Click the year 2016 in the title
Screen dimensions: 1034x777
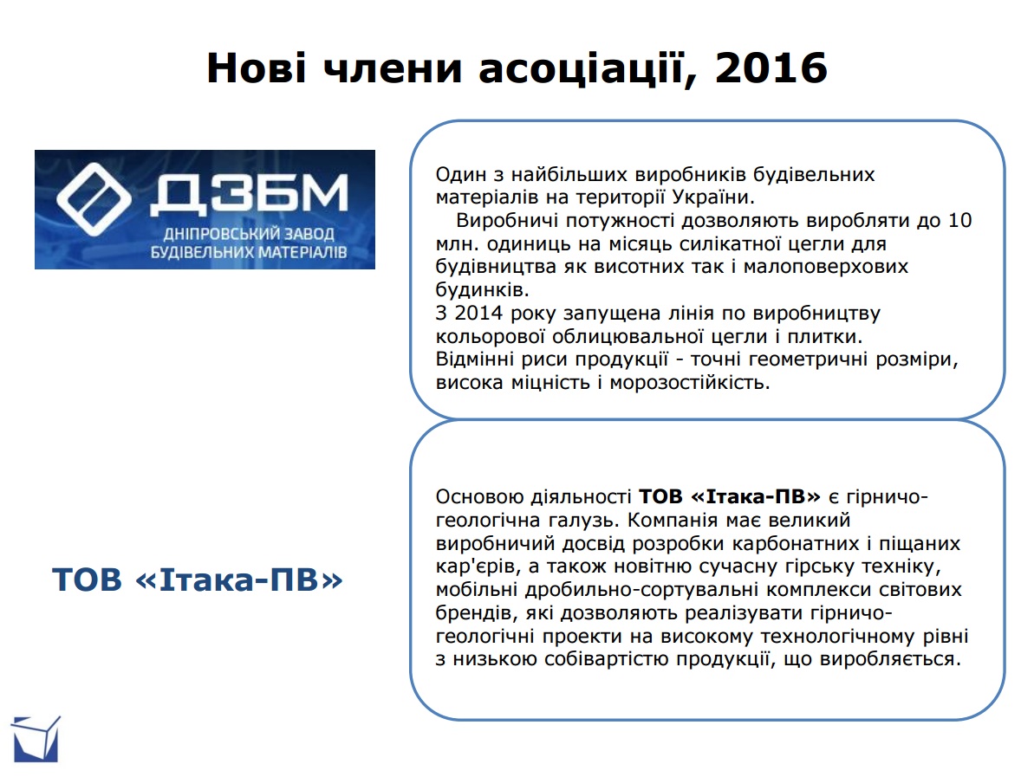pos(771,68)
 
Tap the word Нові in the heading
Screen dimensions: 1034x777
pos(257,68)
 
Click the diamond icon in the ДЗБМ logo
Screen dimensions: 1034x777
pos(94,197)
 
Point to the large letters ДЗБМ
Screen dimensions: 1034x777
pos(250,195)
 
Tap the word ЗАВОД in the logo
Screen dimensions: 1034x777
pos(309,233)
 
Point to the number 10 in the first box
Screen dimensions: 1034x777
pos(959,220)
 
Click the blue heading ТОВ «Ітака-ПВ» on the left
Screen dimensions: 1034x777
pos(197,580)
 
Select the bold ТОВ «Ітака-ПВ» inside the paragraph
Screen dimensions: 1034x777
pos(730,496)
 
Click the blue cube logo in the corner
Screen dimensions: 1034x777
pos(36,739)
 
